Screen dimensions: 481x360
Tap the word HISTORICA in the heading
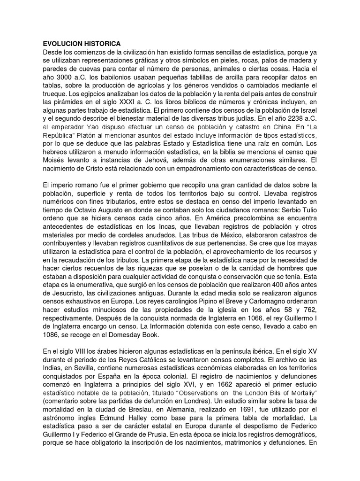[x=103, y=44]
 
